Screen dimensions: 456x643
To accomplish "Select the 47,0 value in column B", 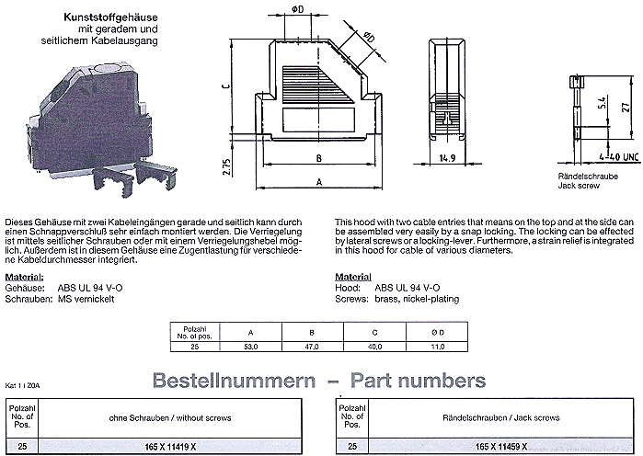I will (x=312, y=347).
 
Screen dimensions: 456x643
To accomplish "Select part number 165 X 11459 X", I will (x=493, y=445).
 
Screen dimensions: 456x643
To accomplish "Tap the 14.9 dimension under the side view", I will (x=448, y=158).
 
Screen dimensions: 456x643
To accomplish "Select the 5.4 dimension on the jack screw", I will (x=602, y=104).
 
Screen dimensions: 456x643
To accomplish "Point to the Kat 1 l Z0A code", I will (x=18, y=387).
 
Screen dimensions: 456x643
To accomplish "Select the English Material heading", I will (x=352, y=251).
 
